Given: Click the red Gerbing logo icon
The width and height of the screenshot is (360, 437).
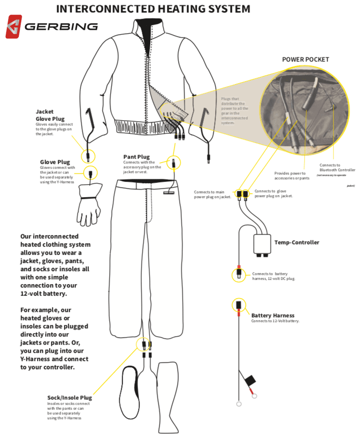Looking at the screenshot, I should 13,26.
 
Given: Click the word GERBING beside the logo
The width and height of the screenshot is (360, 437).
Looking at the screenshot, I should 61,26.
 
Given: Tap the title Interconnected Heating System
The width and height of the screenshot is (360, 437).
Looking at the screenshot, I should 153,9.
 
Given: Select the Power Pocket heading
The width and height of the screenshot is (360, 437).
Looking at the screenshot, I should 306,59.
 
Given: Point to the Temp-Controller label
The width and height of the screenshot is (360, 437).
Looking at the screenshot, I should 296,242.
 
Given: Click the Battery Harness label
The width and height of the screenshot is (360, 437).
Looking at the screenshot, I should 272,315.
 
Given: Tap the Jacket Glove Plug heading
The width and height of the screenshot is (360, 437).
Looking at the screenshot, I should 50,115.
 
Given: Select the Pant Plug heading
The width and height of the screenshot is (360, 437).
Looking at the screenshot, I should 136,157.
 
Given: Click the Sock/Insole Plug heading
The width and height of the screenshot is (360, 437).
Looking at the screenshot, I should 69,398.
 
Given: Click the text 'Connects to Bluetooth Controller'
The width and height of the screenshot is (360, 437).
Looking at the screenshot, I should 337,168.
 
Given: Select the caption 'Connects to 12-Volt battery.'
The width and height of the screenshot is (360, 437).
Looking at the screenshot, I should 275,321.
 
